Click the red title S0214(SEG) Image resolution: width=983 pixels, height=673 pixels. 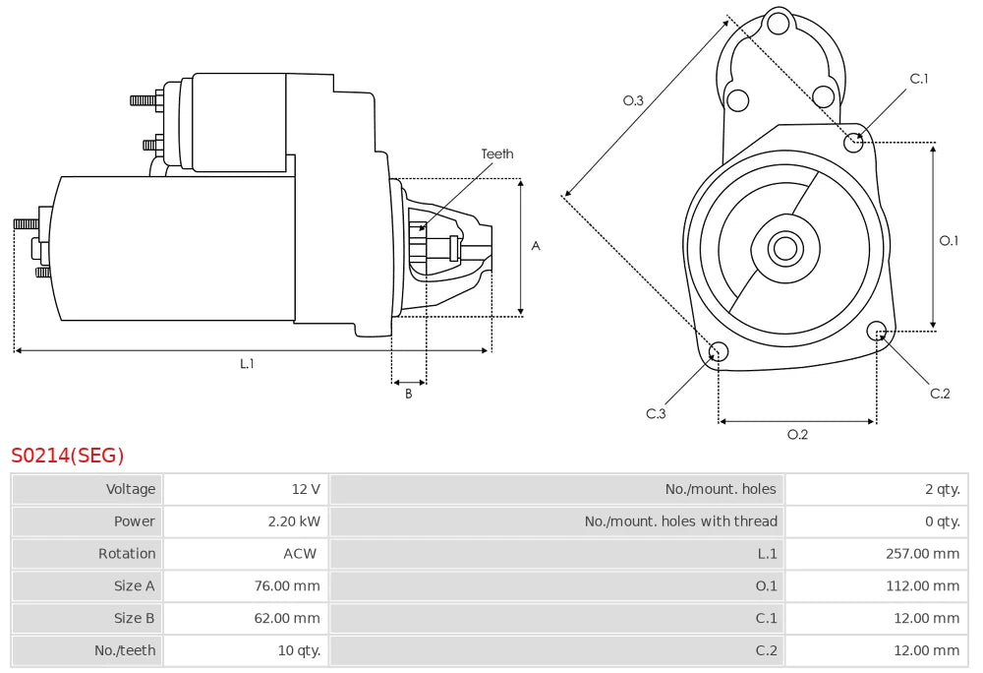(68, 456)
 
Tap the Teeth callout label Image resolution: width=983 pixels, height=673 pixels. (496, 153)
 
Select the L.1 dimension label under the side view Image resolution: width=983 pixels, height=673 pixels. (247, 363)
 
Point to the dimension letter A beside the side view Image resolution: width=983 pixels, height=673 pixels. (536, 246)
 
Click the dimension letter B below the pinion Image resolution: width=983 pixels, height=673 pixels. (409, 395)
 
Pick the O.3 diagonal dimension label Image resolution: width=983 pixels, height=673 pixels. (633, 100)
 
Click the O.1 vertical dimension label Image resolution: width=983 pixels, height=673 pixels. (949, 240)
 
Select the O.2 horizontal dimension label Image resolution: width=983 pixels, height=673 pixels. (797, 435)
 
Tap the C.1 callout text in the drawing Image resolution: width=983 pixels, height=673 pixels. (919, 79)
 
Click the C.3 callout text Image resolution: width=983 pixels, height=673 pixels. (656, 413)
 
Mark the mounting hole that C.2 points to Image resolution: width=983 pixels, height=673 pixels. (878, 331)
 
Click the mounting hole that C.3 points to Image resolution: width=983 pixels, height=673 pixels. (719, 351)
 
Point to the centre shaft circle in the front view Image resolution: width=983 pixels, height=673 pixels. (784, 248)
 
